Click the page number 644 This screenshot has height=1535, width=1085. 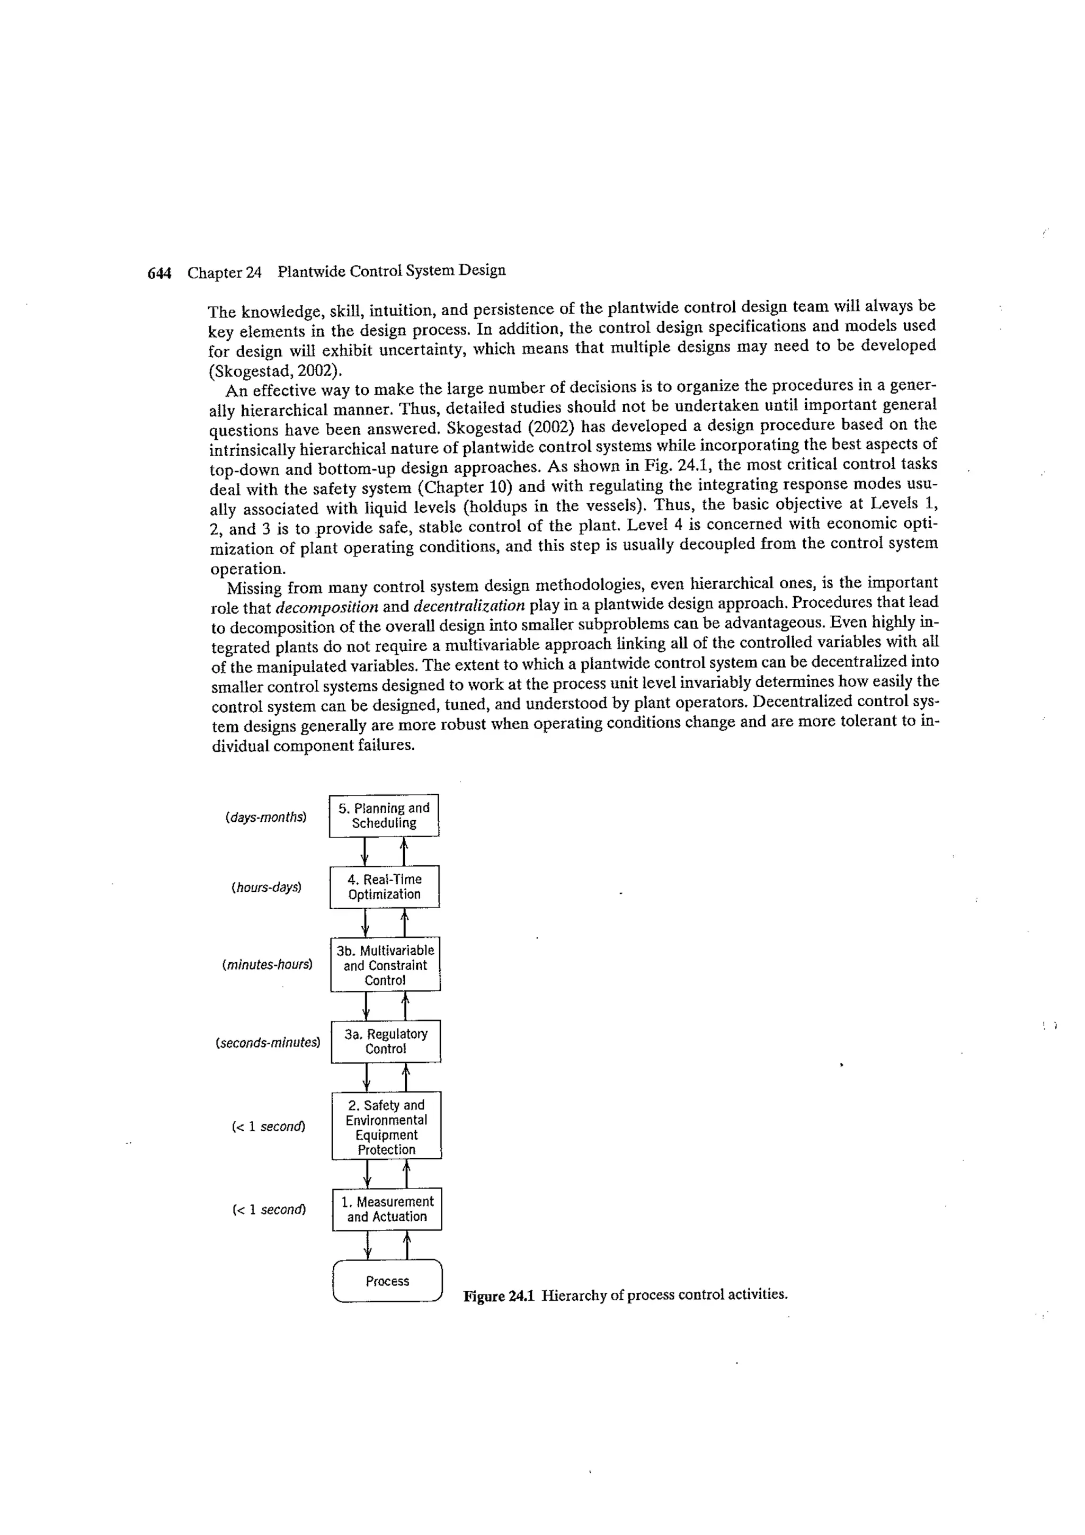click(x=159, y=273)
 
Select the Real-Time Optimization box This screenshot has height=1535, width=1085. click(x=385, y=887)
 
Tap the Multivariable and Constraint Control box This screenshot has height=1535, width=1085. click(x=385, y=965)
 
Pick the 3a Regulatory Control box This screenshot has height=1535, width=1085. click(x=386, y=1041)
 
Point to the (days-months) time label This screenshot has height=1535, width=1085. click(x=266, y=817)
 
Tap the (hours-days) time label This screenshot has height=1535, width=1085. click(x=266, y=888)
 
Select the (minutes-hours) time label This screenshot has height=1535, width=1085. click(x=266, y=965)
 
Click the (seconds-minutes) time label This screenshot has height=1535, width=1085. click(x=268, y=1042)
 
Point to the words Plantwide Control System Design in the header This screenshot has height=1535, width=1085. click(x=392, y=271)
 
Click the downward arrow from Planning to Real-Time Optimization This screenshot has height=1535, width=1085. click(x=364, y=851)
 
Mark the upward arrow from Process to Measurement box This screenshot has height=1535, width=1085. click(x=407, y=1244)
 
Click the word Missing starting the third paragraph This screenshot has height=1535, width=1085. click(x=254, y=588)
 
